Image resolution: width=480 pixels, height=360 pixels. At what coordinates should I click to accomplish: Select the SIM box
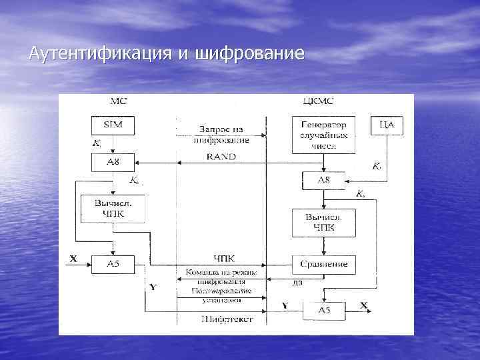click(x=113, y=125)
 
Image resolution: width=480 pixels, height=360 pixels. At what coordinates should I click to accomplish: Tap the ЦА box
click(x=386, y=125)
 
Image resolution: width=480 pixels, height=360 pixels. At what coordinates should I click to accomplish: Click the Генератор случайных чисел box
click(x=323, y=135)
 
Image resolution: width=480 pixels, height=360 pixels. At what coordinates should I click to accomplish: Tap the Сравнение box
click(x=323, y=264)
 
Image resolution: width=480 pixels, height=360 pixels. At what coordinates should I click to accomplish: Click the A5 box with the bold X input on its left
click(x=113, y=264)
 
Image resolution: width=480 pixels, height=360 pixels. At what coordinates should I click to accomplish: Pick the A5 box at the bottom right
click(x=323, y=309)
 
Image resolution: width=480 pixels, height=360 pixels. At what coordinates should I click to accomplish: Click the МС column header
click(x=117, y=101)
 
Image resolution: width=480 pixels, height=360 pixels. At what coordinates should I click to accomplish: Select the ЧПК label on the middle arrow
click(x=224, y=258)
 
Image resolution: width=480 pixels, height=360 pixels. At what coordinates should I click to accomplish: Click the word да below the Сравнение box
click(x=297, y=282)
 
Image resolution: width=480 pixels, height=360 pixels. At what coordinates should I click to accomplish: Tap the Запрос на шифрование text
click(x=223, y=134)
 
